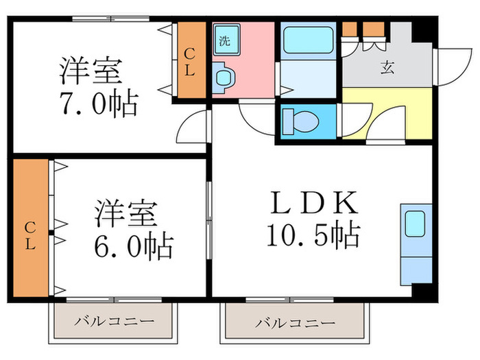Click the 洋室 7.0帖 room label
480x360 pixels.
click(99, 87)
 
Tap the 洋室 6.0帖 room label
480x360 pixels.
click(134, 227)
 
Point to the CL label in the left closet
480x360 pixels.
click(30, 233)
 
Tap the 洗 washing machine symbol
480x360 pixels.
click(225, 39)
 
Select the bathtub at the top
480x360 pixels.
click(307, 42)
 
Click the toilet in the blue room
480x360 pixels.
click(302, 122)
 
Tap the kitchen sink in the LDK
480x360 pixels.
click(416, 224)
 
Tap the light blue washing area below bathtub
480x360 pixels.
click(307, 79)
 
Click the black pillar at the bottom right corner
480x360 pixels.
click(426, 291)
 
